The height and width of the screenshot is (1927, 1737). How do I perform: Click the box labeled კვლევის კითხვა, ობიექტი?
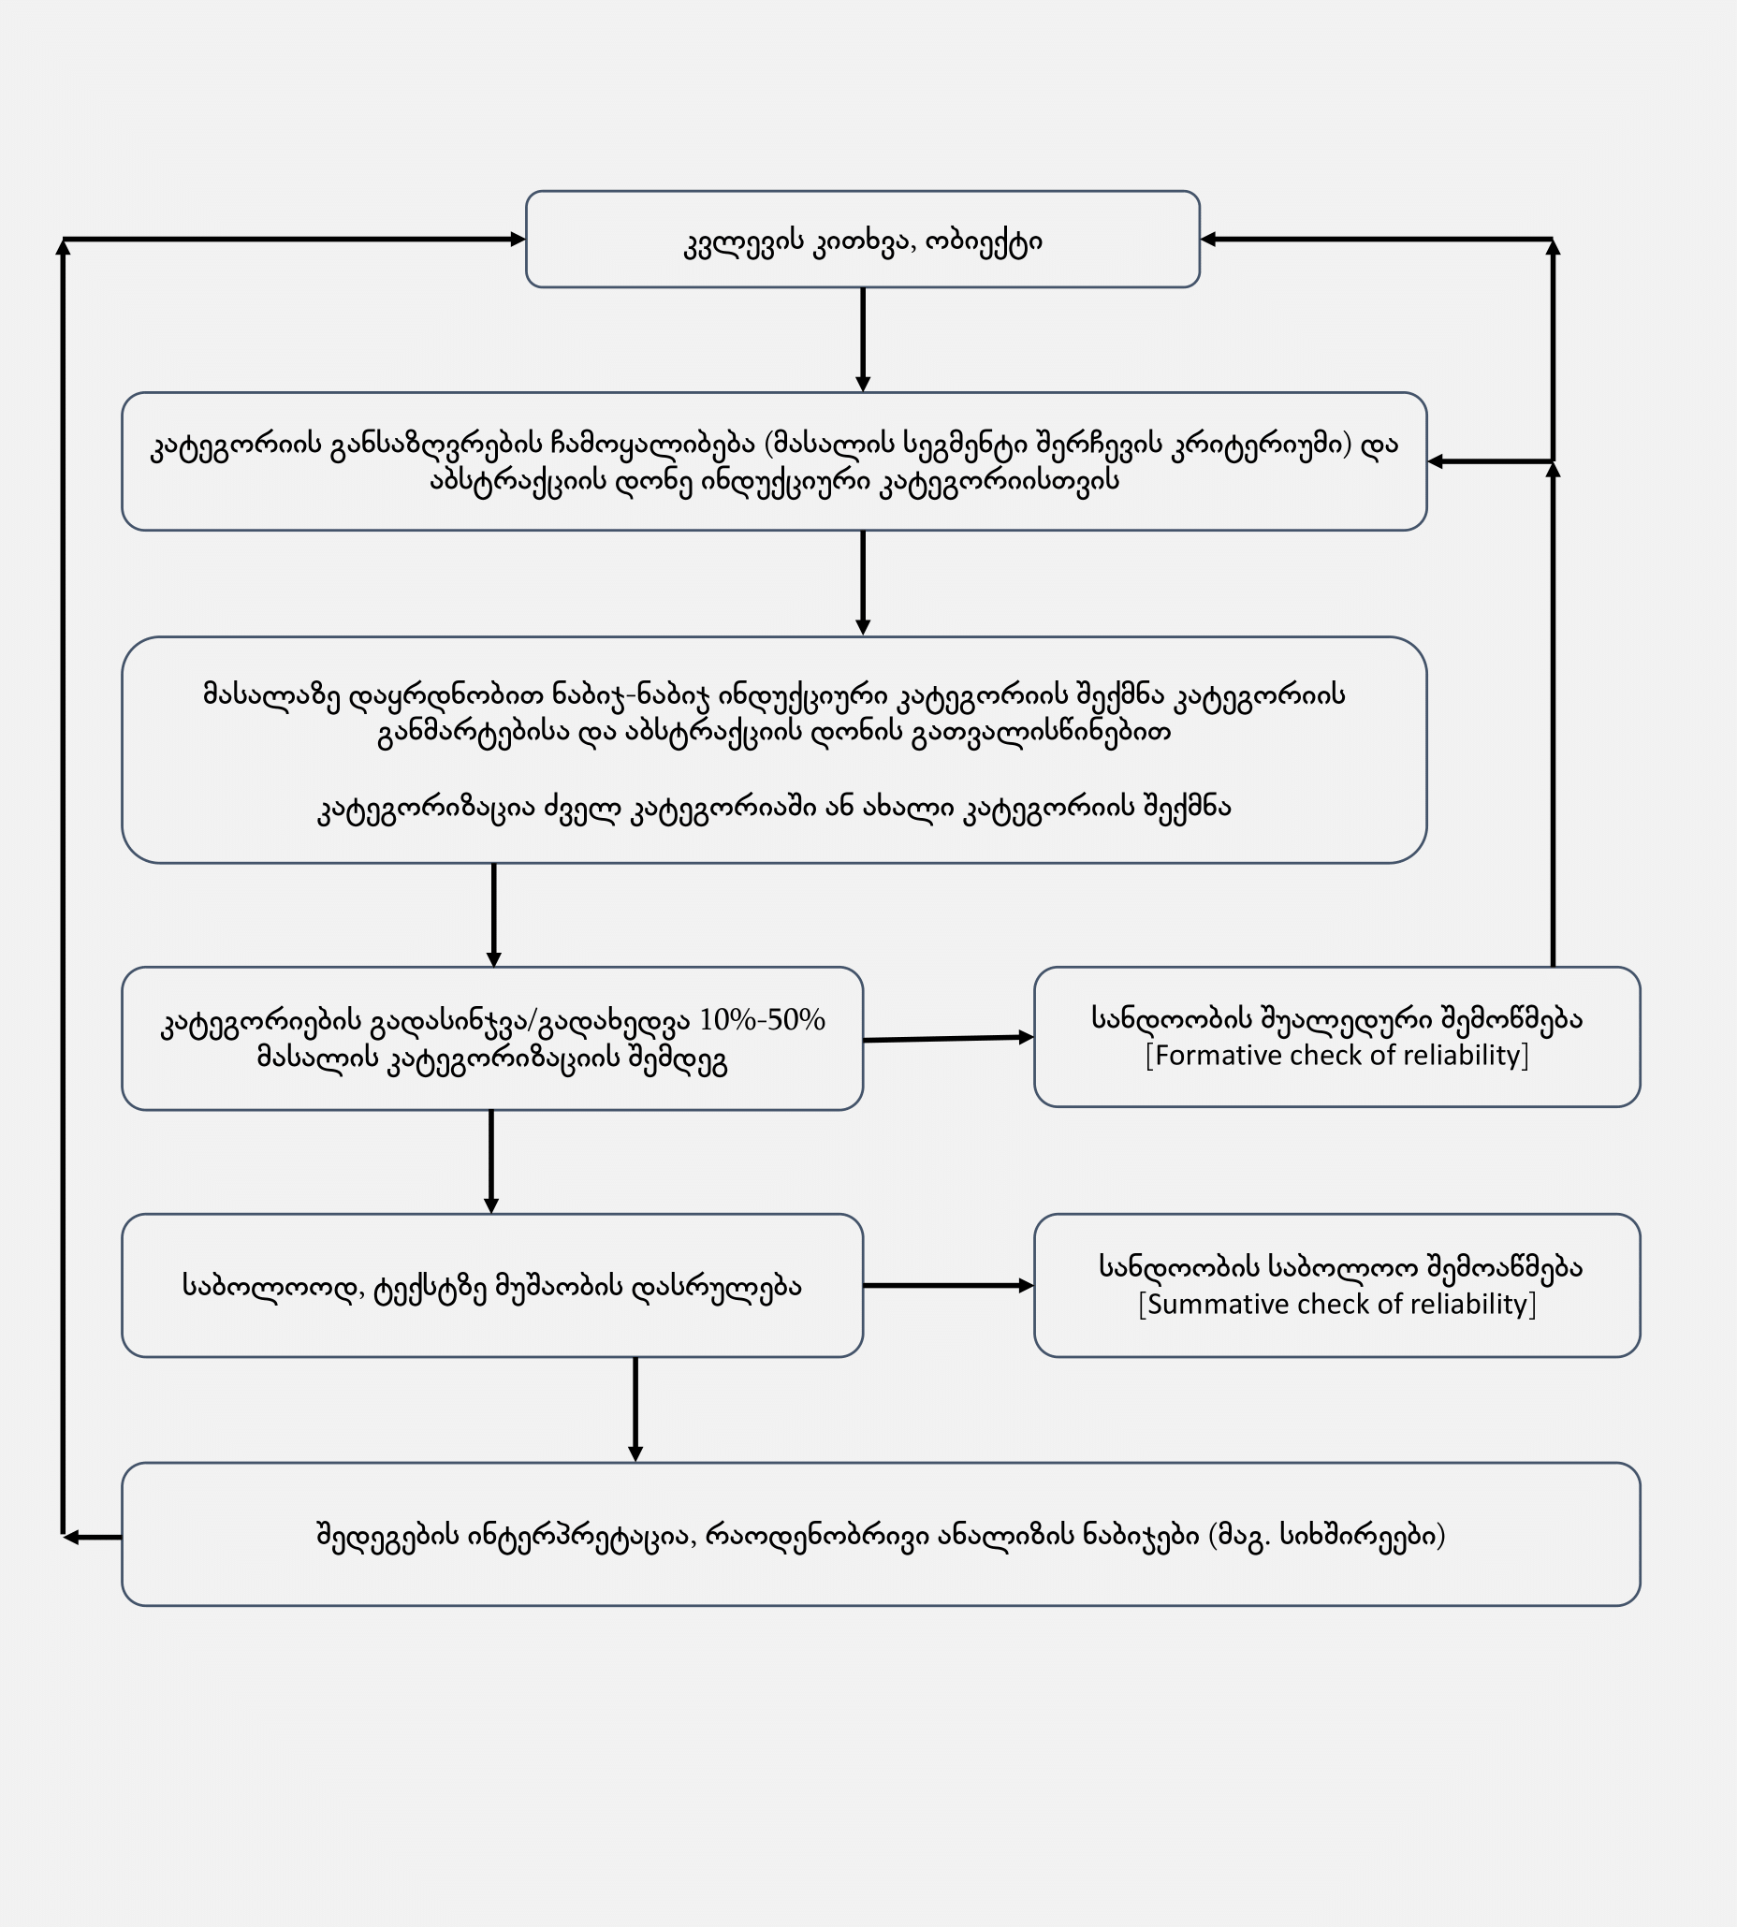[862, 240]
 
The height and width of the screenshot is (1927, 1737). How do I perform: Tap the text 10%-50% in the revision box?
[762, 1020]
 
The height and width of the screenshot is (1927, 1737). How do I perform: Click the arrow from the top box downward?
[863, 339]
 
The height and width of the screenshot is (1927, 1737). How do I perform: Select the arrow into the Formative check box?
[948, 1039]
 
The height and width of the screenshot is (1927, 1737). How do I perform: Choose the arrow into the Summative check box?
[948, 1286]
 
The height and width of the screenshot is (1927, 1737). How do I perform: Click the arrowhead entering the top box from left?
[518, 240]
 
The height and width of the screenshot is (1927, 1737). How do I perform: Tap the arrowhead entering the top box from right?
[1208, 240]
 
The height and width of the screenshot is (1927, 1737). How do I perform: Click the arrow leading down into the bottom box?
[635, 1409]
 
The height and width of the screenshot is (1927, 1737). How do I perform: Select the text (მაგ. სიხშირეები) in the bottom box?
[1326, 1536]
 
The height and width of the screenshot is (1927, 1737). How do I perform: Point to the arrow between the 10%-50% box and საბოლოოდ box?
[491, 1161]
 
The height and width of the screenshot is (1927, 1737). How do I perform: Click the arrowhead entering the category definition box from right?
[1436, 462]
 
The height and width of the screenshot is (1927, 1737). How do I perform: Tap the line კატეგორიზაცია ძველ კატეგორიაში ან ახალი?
[773, 809]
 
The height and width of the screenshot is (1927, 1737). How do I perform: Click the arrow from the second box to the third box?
[863, 582]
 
